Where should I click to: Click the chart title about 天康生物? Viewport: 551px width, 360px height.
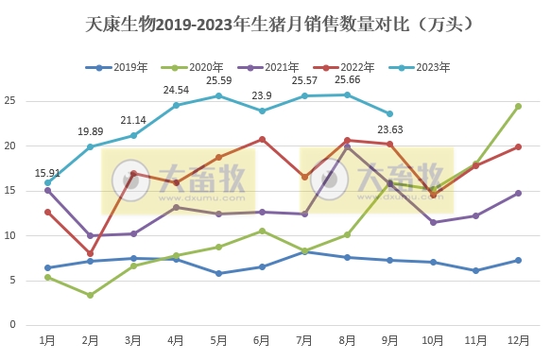coord(274,20)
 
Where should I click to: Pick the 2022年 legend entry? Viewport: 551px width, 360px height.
coord(356,67)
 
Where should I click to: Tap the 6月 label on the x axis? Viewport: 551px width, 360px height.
coord(262,339)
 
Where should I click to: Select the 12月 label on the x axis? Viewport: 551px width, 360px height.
coord(518,339)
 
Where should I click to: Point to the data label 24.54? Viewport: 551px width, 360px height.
coord(176,90)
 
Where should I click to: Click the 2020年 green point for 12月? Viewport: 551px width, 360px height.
coord(518,106)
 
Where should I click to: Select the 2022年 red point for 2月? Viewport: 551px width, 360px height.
coord(89,253)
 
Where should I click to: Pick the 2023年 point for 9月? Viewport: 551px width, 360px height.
coord(389,113)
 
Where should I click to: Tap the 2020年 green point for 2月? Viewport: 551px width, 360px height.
coord(89,295)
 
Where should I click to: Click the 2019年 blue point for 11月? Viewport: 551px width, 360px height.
coord(475,270)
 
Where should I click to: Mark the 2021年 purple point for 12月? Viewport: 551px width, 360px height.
coord(518,193)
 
